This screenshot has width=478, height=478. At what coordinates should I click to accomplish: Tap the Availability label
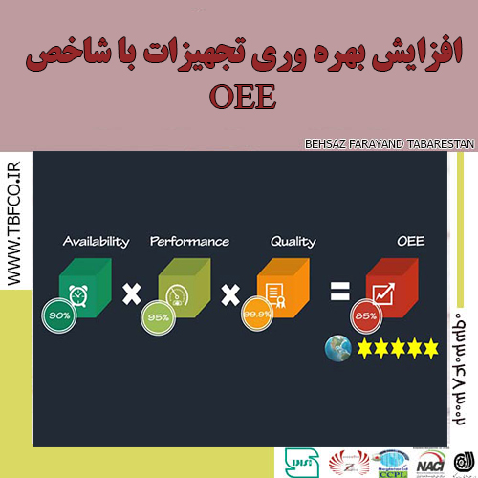pyautogui.click(x=96, y=241)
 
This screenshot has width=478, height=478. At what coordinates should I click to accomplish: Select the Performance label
pyautogui.click(x=190, y=241)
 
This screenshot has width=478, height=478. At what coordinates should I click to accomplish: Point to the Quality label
pyautogui.click(x=293, y=241)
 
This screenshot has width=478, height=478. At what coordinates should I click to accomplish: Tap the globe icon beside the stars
pyautogui.click(x=337, y=346)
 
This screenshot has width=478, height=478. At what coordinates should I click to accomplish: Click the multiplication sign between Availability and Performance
pyautogui.click(x=131, y=293)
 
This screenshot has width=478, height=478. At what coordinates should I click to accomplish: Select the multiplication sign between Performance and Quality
pyautogui.click(x=229, y=293)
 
